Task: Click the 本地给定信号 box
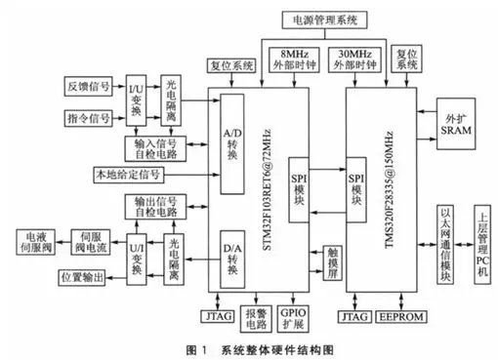pyautogui.click(x=126, y=176)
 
